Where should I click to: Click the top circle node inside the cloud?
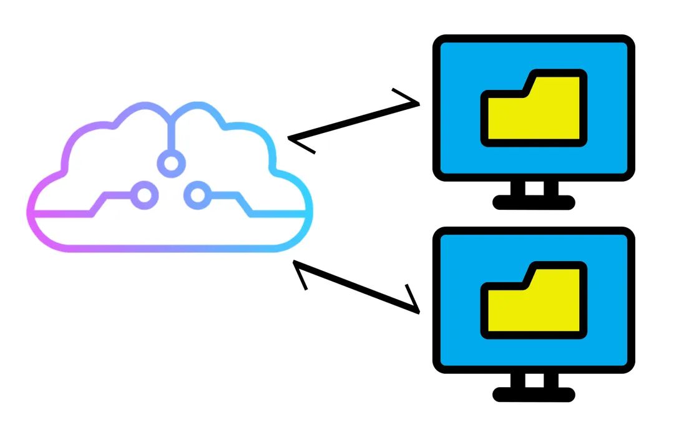tap(172, 164)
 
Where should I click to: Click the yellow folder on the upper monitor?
tap(534, 112)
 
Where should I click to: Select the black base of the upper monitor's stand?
tap(534, 202)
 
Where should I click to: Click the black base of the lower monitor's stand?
tap(534, 394)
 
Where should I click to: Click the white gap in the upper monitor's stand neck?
tap(534, 188)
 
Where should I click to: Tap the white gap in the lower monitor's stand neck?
tap(534, 380)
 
